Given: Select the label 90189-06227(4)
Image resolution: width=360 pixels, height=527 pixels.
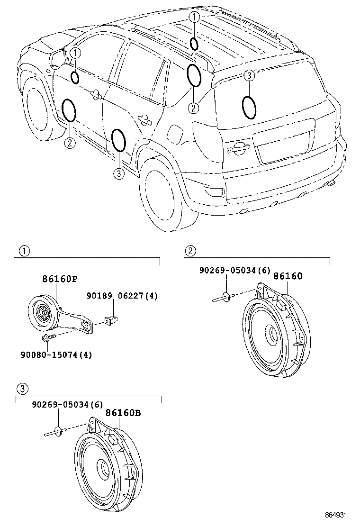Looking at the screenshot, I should [122, 296].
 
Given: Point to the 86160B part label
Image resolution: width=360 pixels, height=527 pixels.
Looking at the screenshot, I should [123, 413].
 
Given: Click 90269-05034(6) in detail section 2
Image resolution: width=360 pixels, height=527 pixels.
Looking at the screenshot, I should [234, 270].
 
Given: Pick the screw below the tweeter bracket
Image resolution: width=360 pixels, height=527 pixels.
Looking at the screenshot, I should [48, 337].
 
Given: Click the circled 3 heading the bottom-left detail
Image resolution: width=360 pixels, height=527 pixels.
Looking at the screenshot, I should [22, 389].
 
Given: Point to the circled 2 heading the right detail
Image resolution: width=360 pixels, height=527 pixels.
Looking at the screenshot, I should [190, 250].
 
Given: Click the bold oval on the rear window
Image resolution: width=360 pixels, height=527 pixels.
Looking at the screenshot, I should [250, 107].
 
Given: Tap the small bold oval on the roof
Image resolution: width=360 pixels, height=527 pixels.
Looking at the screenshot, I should [194, 43].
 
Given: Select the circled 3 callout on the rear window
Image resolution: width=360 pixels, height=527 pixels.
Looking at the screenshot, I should [250, 76].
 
